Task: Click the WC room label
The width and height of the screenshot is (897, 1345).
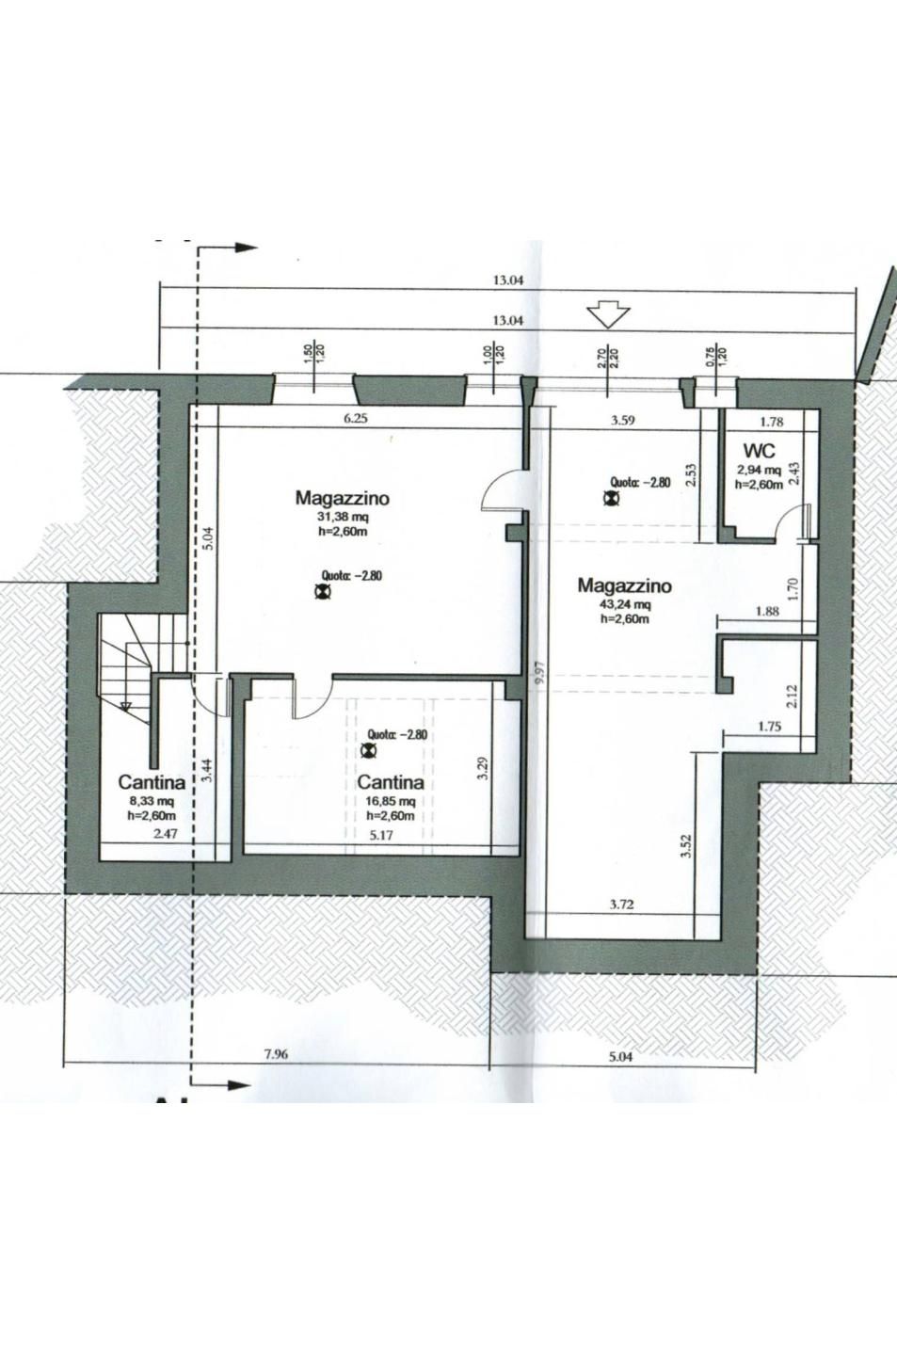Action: point(760,450)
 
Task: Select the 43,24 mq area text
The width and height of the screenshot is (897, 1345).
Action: point(625,604)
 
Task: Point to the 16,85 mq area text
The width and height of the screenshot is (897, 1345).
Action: point(391,802)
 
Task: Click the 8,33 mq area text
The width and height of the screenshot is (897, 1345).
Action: point(151,801)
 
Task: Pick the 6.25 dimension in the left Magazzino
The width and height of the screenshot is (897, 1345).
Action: point(356,419)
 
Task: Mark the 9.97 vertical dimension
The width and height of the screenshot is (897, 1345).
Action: point(541,672)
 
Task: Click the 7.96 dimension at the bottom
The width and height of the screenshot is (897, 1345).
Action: point(276,1054)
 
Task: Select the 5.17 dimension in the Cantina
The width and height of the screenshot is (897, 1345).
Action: point(382,835)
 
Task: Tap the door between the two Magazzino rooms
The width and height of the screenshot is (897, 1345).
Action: point(502,490)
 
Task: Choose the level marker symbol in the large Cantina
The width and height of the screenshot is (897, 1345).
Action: point(367,750)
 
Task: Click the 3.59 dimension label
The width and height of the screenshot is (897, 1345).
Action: point(623,421)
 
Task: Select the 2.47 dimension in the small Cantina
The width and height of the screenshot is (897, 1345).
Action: point(166,834)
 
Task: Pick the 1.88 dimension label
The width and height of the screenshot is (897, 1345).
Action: point(767,611)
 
